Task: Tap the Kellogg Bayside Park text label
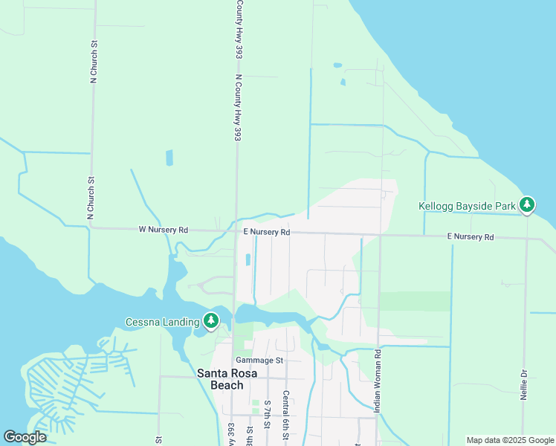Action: click(467, 204)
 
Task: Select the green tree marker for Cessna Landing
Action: click(212, 321)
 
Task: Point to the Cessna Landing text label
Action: click(162, 322)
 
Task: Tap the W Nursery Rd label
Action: click(164, 230)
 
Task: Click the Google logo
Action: click(25, 437)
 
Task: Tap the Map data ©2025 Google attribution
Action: click(510, 440)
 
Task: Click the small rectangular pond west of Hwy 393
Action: click(169, 158)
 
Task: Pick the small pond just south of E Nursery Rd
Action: click(248, 259)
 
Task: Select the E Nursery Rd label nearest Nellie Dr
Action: click(471, 237)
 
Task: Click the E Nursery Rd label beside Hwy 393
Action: click(266, 232)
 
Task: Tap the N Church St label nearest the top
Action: click(94, 63)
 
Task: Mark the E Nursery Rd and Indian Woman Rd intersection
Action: click(380, 235)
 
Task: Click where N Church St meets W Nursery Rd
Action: click(91, 228)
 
